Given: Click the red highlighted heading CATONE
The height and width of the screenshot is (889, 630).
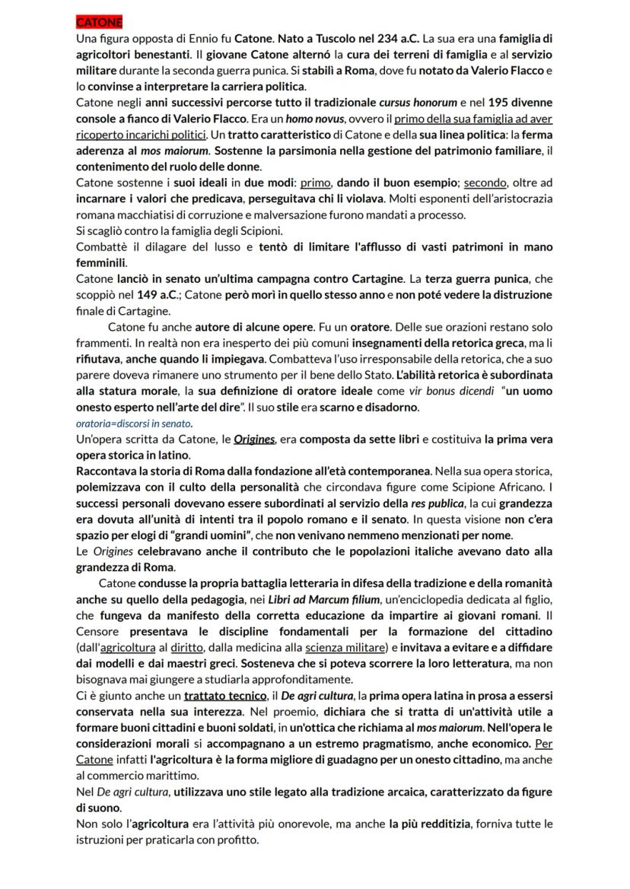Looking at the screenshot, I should tap(99, 22).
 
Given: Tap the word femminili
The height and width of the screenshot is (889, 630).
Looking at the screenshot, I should tap(100, 263).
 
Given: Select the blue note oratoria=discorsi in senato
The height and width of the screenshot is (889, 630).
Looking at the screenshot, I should tap(134, 423).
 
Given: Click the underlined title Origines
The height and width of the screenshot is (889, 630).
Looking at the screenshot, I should tap(253, 440).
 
